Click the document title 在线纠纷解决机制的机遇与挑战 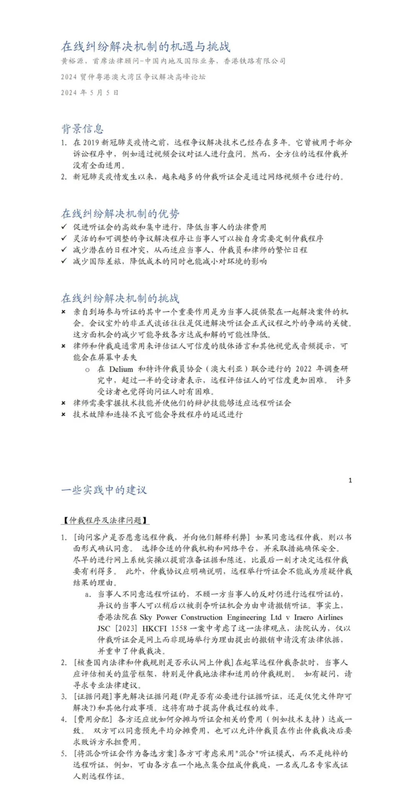[146, 47]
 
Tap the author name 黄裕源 [72, 61]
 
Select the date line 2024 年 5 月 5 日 [90, 93]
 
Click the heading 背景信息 [83, 129]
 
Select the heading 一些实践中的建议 [104, 490]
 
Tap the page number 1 [350, 480]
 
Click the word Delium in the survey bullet [121, 369]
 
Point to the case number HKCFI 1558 [165, 628]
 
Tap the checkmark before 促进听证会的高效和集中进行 [64, 227]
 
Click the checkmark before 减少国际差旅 [64, 261]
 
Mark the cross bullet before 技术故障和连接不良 [63, 414]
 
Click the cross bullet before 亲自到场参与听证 [63, 312]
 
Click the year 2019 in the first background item [91, 143]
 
